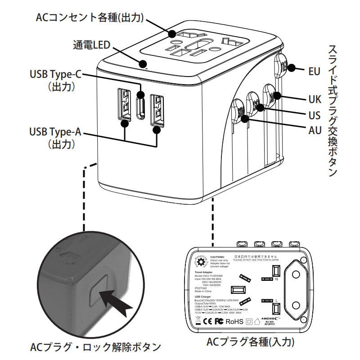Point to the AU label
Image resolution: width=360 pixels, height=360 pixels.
pos(315,130)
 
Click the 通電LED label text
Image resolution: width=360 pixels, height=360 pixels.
pos(92,45)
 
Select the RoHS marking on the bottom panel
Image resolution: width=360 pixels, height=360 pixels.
pos(234,321)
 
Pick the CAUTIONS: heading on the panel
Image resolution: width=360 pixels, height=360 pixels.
pos(220,256)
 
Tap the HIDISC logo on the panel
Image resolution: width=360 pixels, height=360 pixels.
pos(270,318)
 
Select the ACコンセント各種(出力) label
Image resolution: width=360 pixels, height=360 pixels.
pos(90,17)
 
